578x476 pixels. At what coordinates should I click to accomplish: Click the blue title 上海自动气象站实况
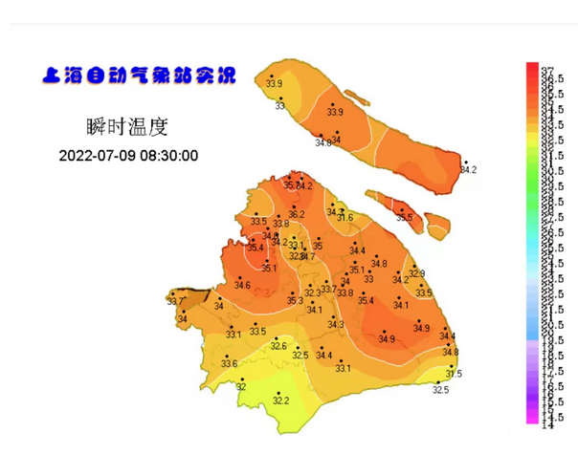pyautogui.click(x=140, y=76)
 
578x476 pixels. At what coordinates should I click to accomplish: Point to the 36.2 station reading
pyautogui.click(x=297, y=214)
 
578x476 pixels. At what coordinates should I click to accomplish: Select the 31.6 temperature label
pyautogui.click(x=345, y=218)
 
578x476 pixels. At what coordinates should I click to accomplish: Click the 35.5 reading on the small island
pyautogui.click(x=404, y=218)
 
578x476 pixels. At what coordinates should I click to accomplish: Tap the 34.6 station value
pyautogui.click(x=242, y=285)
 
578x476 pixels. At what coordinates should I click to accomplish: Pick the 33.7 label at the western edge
pyautogui.click(x=174, y=302)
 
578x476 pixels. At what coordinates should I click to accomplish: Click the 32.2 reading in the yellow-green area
pyautogui.click(x=280, y=400)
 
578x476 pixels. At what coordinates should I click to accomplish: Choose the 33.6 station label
pyautogui.click(x=229, y=363)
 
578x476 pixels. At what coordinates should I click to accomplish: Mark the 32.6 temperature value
pyautogui.click(x=278, y=345)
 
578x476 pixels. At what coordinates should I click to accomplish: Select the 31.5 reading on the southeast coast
pyautogui.click(x=454, y=374)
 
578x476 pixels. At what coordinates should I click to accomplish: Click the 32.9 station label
pyautogui.click(x=416, y=273)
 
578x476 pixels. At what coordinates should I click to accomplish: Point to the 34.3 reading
pyautogui.click(x=335, y=325)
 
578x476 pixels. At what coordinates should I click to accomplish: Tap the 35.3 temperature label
pyautogui.click(x=295, y=300)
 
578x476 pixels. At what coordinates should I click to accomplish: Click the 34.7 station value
pyautogui.click(x=308, y=256)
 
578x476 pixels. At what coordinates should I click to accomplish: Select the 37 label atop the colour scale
pyautogui.click(x=548, y=71)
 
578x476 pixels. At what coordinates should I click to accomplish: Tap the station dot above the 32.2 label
pyautogui.click(x=278, y=391)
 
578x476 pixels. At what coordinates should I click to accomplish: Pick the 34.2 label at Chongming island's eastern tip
pyautogui.click(x=468, y=170)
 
